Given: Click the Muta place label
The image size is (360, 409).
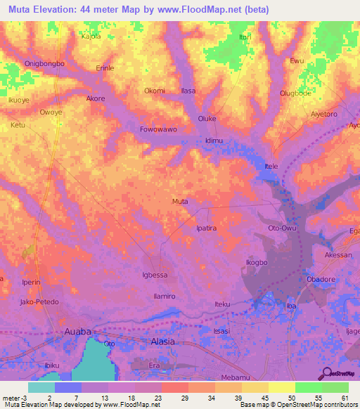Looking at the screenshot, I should pos(180,202).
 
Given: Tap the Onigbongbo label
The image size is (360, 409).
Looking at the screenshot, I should pos(45,63).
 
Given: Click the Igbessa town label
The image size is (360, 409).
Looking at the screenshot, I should pos(155,275).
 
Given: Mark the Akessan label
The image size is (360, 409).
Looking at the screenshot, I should pos(338,255).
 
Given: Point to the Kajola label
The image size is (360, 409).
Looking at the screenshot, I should pos(92,36).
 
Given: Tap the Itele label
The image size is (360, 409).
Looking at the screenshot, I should pos(271,166).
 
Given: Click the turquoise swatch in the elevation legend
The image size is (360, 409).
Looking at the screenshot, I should pos(41,387).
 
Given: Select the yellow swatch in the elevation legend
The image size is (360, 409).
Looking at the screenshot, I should pos(281,387).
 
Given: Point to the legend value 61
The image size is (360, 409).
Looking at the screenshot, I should pos(345,398).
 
